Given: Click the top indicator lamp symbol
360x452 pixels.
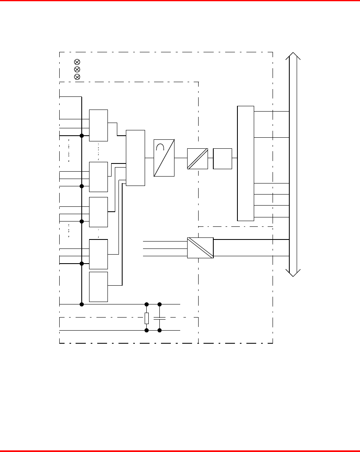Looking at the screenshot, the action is (76, 62).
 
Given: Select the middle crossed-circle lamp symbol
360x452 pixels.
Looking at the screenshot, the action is (76, 69).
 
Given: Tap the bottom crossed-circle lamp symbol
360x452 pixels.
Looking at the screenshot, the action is (76, 77).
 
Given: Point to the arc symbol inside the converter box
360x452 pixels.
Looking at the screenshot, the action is (161, 146).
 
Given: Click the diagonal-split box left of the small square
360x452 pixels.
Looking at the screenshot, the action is (197, 159).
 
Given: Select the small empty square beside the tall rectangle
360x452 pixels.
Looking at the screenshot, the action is (222, 159).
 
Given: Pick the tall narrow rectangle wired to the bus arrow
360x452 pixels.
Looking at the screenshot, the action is (246, 163).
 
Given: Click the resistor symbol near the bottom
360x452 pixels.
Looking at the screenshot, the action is (147, 318).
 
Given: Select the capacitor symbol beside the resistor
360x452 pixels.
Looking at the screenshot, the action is (160, 318).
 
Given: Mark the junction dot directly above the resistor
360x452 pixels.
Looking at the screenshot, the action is (147, 304).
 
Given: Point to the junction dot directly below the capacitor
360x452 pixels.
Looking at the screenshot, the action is (160, 330).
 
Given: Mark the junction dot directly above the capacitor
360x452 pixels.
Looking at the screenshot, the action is (160, 304).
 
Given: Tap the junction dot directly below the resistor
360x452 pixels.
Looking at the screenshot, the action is (147, 330).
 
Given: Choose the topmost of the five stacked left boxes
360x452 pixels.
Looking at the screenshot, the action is (98, 125).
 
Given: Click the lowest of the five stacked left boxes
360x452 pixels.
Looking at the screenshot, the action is (98, 286).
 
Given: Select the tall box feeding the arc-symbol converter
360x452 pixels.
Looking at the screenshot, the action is (136, 158).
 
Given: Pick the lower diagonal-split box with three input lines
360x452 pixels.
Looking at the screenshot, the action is (200, 248).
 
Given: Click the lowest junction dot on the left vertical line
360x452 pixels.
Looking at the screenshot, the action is (82, 304).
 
